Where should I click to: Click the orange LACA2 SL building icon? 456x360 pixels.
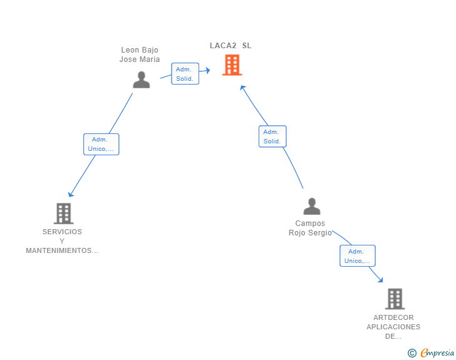tap(232, 65)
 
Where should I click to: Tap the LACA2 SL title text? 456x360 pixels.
tap(231, 46)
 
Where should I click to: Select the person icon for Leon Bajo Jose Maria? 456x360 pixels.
tap(142, 80)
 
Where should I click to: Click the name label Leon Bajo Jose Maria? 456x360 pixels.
tap(140, 54)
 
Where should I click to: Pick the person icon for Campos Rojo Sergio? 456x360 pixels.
tap(311, 206)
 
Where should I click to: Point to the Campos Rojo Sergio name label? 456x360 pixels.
tap(310, 228)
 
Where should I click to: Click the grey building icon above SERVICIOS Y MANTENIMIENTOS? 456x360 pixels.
tap(63, 213)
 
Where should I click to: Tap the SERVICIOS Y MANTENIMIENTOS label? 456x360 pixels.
tap(62, 241)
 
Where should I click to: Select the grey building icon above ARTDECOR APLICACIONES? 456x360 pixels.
tap(395, 299)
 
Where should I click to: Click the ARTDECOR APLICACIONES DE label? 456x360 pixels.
tap(393, 327)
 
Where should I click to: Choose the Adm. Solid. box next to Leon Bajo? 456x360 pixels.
tap(185, 74)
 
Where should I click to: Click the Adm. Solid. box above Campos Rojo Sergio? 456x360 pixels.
tap(272, 136)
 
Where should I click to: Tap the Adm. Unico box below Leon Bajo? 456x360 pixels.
tap(101, 144)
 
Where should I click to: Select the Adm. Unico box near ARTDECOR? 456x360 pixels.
tap(357, 256)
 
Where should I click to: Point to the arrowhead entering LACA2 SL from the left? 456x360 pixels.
tap(207, 71)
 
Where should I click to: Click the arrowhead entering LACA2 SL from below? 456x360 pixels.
tap(243, 88)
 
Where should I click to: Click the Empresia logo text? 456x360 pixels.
tap(437, 353)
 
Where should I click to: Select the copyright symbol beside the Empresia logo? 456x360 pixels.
tap(412, 353)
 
